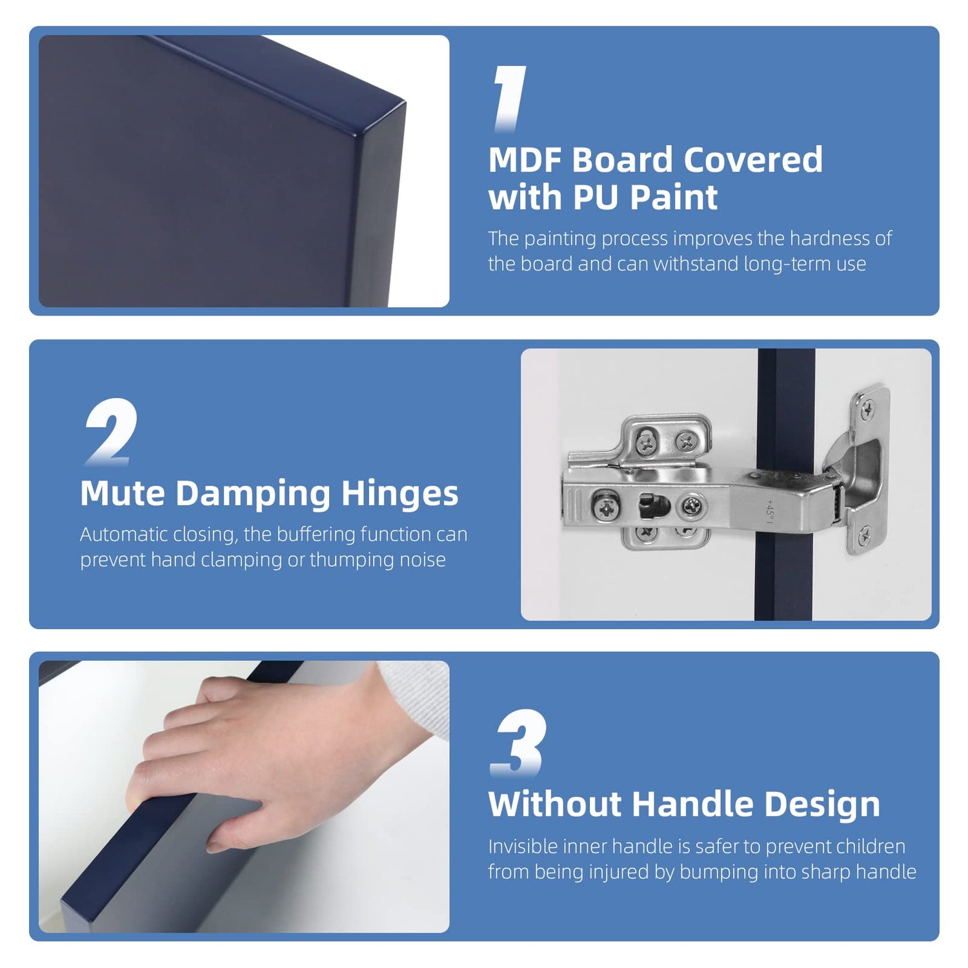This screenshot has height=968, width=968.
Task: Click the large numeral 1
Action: pos(510,99)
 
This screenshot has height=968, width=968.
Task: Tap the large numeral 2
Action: pos(111,432)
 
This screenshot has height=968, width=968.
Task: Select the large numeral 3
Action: pos(519,742)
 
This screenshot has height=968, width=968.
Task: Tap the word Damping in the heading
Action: pos(253,494)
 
